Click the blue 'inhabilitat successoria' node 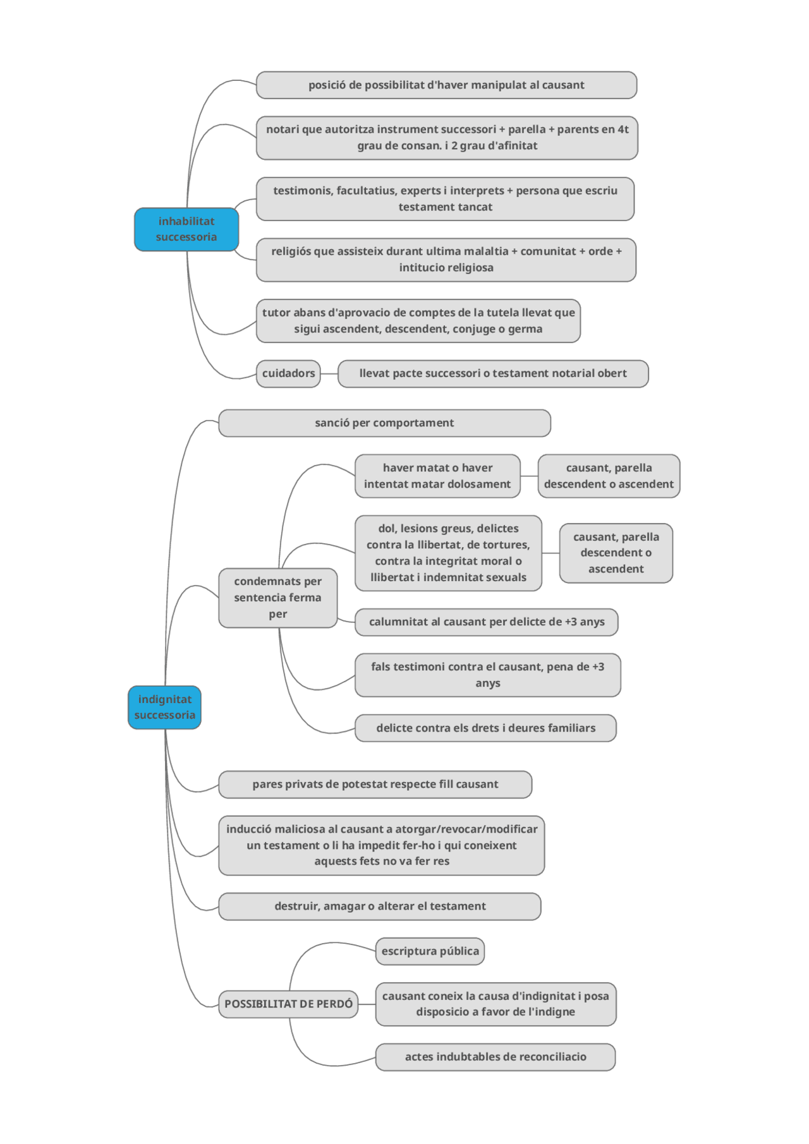coord(186,229)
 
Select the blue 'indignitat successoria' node coord(164,707)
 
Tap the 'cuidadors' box coord(288,374)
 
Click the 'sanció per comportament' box coord(384,423)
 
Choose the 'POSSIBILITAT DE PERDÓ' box coord(288,1004)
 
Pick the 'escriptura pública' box coord(430,951)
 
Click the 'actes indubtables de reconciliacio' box coord(496,1057)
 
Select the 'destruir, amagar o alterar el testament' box coord(379,906)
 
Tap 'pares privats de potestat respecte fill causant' coord(375,785)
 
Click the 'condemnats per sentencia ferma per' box coord(277,598)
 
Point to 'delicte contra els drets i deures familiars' coord(485,728)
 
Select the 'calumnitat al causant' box coord(486,622)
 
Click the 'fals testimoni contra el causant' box coord(487,675)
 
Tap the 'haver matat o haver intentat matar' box coord(437,476)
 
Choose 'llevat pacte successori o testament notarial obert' coord(493,374)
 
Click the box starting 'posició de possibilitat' coord(446,85)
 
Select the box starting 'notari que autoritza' coord(447,138)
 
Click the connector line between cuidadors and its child coord(329,374)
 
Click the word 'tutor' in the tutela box coord(275,313)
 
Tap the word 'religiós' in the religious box coord(291,251)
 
